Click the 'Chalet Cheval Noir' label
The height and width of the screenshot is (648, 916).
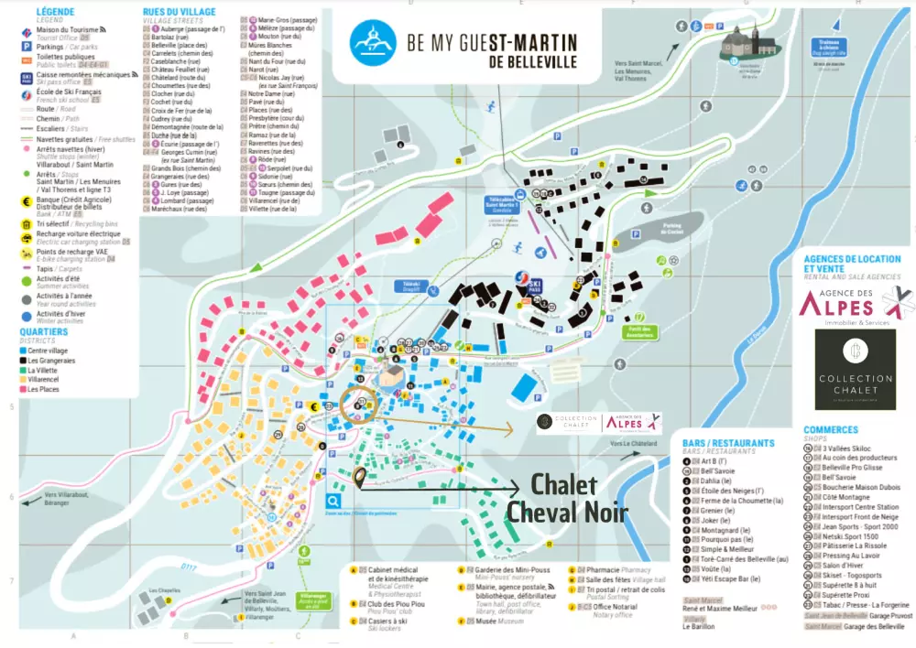[x=563, y=497]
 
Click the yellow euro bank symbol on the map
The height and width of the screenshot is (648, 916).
[x=313, y=407]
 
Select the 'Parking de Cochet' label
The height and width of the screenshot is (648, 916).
[x=675, y=231]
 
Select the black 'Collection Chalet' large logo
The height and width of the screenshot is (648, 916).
[x=855, y=369]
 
